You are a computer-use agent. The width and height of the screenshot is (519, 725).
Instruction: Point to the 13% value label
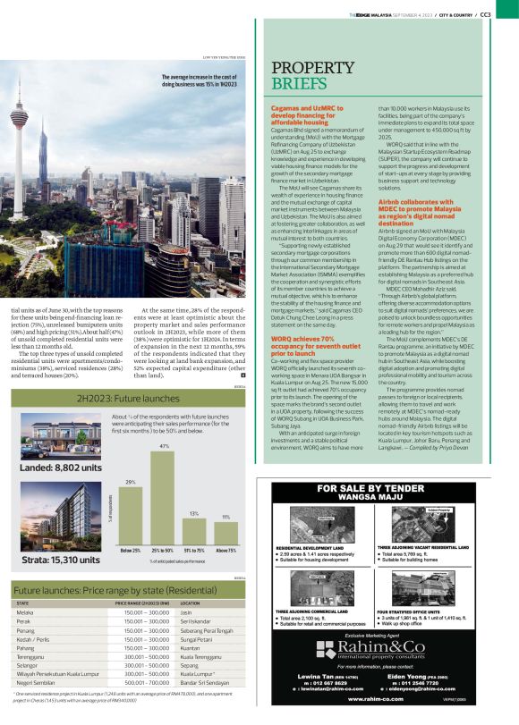pyautogui.click(x=194, y=513)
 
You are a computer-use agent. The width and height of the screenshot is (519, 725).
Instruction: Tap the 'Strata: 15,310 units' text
pyautogui.click(x=55, y=561)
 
